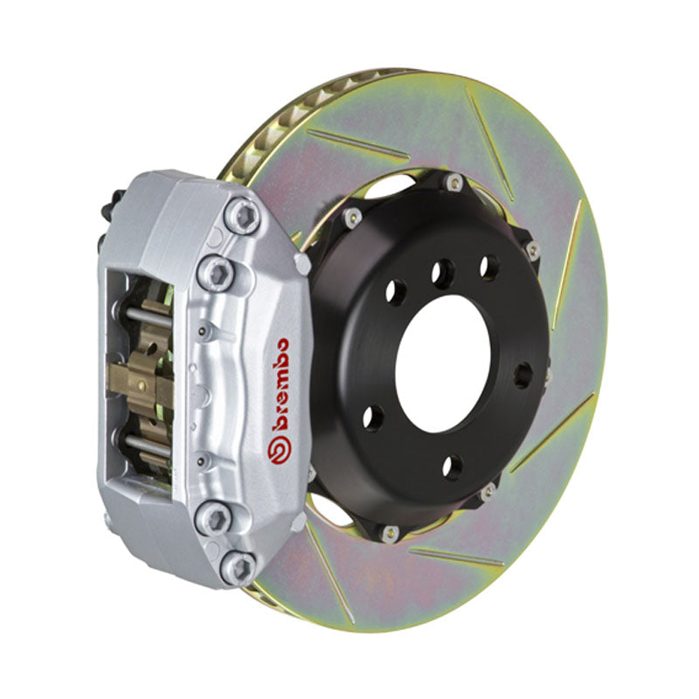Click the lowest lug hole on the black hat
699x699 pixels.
coord(452,467)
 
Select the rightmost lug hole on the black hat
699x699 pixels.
coord(522,375)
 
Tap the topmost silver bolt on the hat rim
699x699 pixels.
coord(453,182)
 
